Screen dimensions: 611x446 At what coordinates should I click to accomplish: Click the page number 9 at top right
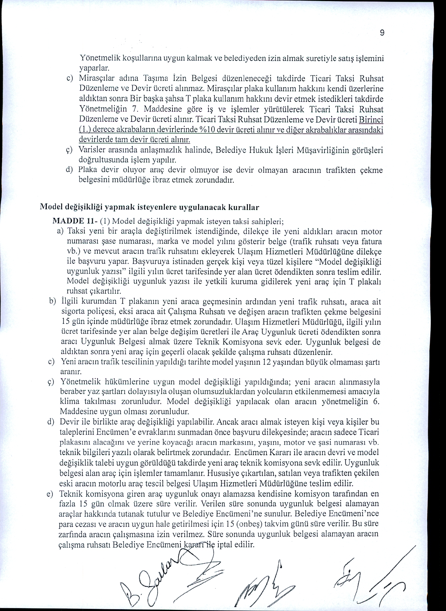(382, 33)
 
